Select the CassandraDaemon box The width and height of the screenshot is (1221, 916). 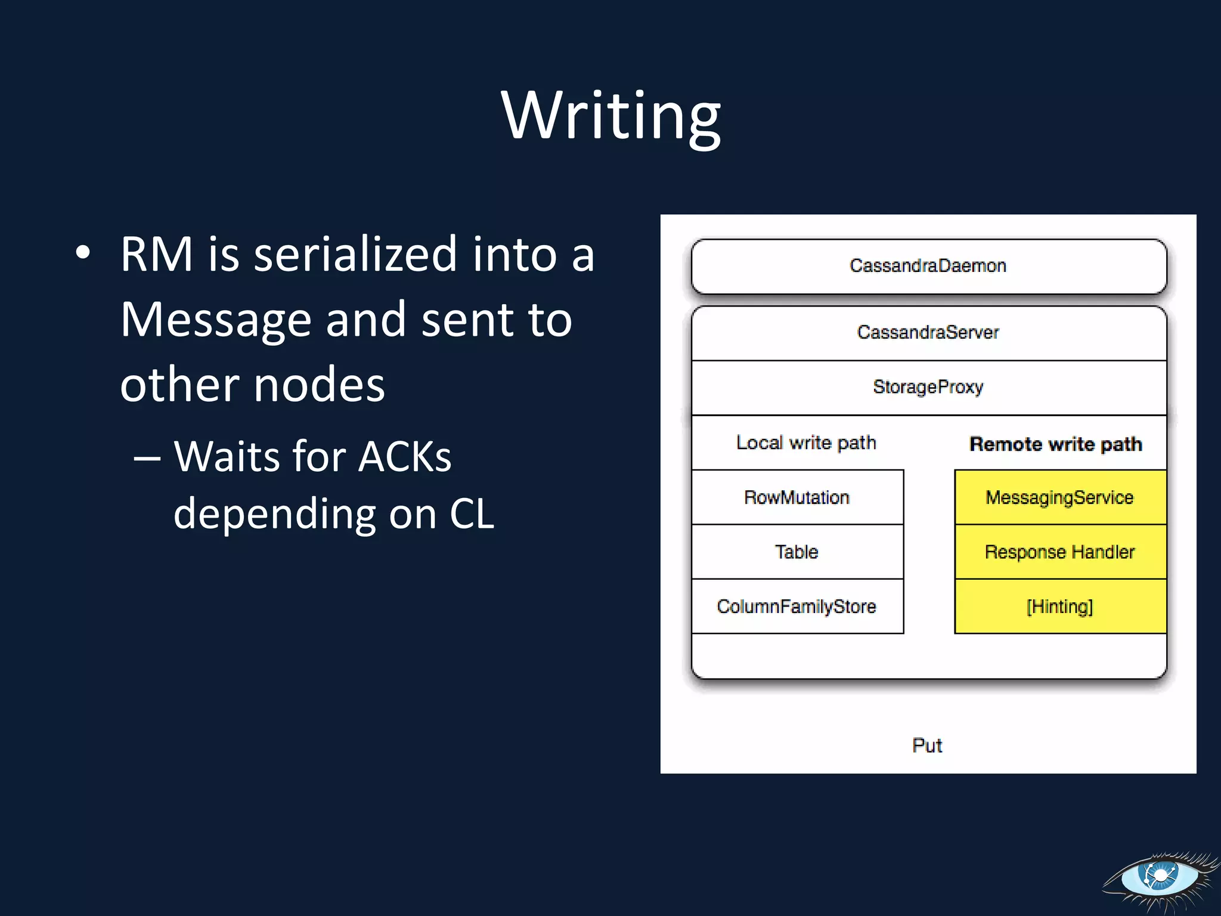click(928, 266)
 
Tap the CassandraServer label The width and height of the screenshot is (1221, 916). click(928, 332)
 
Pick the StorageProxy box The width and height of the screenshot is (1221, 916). click(928, 387)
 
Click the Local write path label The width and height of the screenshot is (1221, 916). click(806, 443)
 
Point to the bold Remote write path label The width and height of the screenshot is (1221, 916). click(1055, 444)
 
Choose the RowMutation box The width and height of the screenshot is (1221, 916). click(797, 497)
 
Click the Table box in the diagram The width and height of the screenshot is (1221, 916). click(797, 552)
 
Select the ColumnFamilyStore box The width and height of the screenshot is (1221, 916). click(797, 606)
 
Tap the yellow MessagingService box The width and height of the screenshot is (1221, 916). click(1060, 497)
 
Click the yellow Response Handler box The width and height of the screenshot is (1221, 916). click(1060, 552)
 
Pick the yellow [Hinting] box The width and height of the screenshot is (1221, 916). click(1060, 606)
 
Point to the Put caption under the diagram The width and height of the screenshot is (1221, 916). click(927, 745)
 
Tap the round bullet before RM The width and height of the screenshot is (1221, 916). click(83, 253)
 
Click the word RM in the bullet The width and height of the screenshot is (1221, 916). click(156, 255)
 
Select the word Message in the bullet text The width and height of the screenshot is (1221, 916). click(216, 321)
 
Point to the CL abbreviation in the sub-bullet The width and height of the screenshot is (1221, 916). click(472, 514)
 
